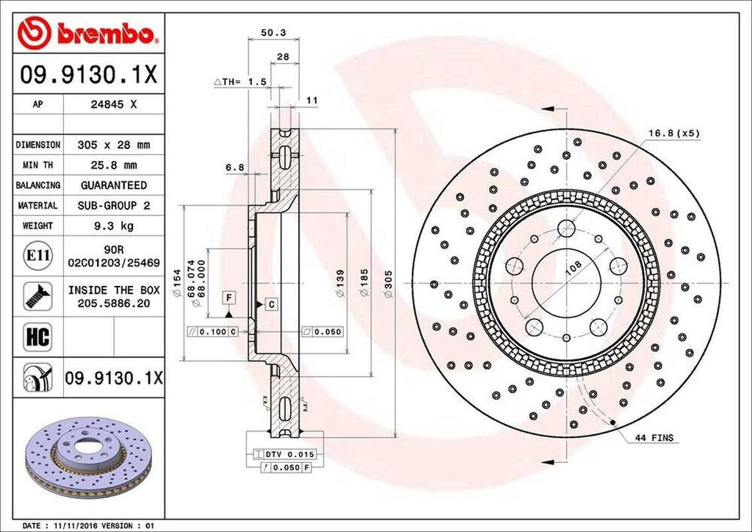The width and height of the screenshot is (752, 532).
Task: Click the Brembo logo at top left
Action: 88,32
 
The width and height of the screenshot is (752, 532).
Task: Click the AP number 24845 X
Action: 114,104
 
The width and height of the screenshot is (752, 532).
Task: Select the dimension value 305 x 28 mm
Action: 114,145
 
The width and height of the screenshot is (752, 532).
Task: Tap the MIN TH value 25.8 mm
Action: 114,165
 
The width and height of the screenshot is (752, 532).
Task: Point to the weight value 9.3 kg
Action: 114,226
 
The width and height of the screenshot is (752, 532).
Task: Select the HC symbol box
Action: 37,337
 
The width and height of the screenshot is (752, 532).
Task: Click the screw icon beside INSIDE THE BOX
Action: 37,295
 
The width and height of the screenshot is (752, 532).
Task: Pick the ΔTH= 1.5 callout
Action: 239,82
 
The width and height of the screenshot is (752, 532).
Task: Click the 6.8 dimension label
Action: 234,168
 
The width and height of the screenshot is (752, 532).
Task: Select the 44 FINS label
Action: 654,438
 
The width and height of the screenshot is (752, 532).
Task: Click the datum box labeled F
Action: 230,298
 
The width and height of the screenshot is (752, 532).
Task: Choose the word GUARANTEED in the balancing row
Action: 114,185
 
